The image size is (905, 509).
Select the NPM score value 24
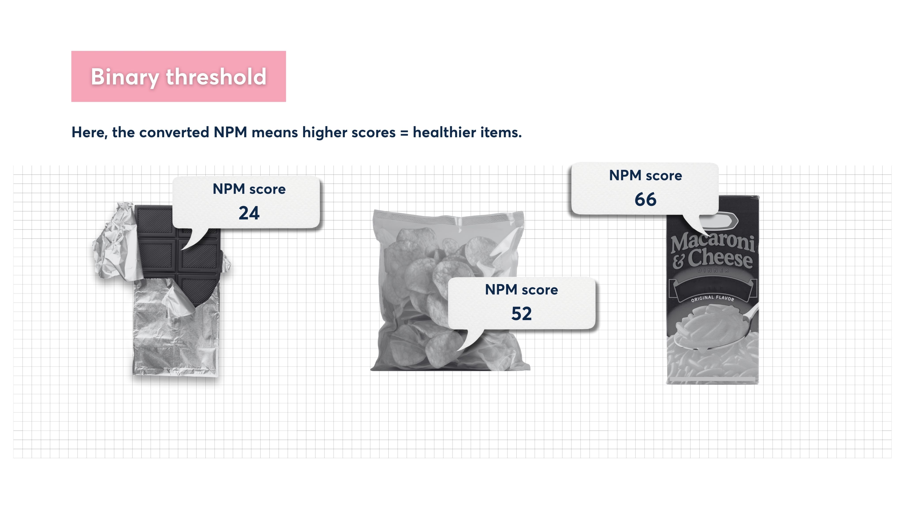point(249,213)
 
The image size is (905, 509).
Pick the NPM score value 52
point(521,313)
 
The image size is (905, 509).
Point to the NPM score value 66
point(645,199)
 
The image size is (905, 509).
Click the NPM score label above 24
point(249,189)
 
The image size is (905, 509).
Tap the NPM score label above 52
point(521,290)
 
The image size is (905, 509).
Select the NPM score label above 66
point(645,175)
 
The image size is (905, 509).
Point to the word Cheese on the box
point(719,258)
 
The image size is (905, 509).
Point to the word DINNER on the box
point(713,270)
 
